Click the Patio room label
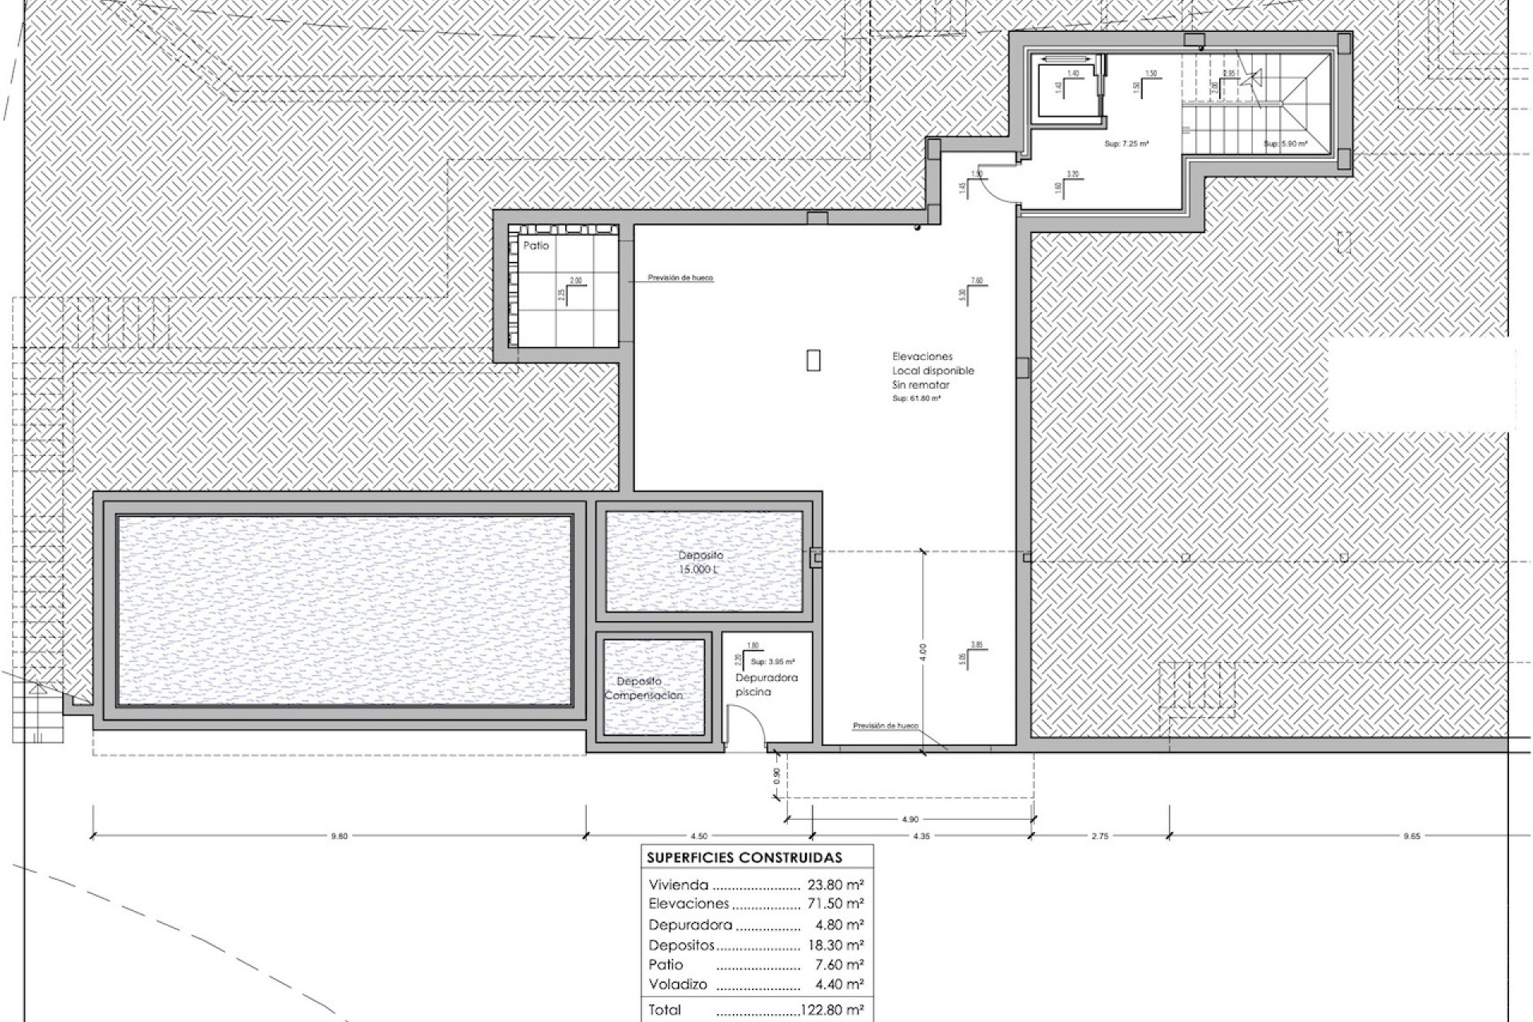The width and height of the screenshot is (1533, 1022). (536, 246)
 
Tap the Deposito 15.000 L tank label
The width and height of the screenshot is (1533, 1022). (700, 562)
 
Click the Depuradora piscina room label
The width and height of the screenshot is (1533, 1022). (766, 684)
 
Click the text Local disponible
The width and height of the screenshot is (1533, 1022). (933, 370)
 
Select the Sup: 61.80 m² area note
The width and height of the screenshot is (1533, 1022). (916, 397)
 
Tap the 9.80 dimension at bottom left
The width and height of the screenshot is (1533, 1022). (339, 836)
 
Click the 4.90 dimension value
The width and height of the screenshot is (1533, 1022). (910, 819)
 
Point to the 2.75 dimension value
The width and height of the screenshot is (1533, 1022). (1099, 836)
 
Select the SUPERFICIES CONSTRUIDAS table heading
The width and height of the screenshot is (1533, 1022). (744, 858)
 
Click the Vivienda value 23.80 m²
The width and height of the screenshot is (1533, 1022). (835, 885)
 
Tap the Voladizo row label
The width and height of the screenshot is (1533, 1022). (677, 984)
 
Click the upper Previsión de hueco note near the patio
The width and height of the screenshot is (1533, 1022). (680, 278)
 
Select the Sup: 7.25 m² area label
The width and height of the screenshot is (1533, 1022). (1126, 144)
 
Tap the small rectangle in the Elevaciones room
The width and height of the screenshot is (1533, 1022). (813, 360)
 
